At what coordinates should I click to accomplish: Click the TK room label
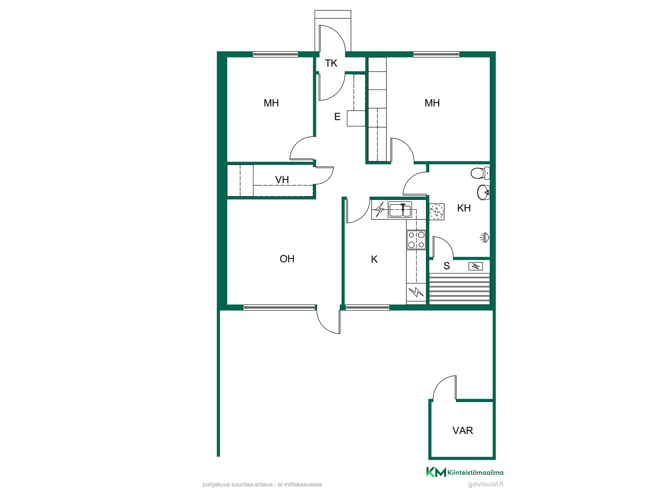coord(331,63)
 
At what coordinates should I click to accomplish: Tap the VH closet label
coord(282,180)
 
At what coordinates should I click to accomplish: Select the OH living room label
coord(287,259)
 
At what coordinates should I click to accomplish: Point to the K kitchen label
coord(374,259)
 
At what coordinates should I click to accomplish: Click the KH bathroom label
coord(464,208)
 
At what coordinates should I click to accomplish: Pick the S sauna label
coord(447,266)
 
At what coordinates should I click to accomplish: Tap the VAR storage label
coord(462,431)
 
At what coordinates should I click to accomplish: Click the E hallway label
coord(337,117)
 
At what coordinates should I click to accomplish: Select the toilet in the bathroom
coord(480,173)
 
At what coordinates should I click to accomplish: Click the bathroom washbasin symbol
coord(483,192)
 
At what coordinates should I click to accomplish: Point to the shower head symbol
coord(485,237)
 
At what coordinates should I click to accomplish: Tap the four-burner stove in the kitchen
coord(416,240)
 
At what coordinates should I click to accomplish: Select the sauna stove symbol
coord(475,266)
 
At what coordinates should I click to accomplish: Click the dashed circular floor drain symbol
coord(437,211)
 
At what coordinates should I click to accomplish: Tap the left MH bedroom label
coord(271,103)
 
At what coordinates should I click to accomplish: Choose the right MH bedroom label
coord(432,103)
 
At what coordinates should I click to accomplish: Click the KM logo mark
coord(436,472)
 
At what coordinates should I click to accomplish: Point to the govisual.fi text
coord(486,484)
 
